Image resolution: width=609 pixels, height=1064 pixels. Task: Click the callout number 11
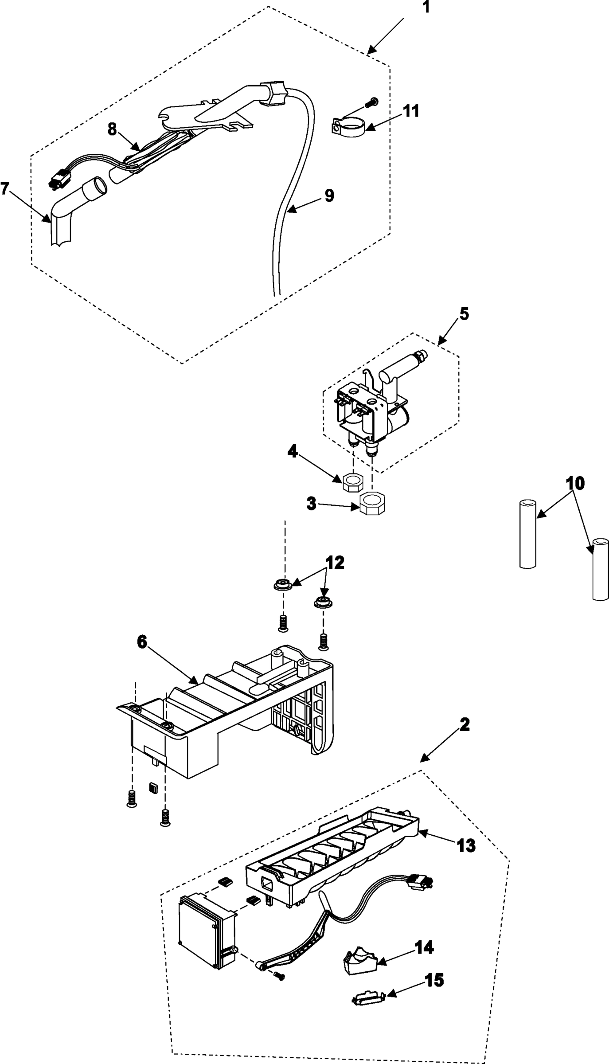click(x=411, y=111)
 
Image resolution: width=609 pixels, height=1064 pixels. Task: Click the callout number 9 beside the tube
click(x=329, y=195)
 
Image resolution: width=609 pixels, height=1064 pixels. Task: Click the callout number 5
click(x=464, y=313)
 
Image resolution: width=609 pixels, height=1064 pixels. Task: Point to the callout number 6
click(x=141, y=642)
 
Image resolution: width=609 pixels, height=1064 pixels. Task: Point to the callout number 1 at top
click(x=426, y=8)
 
